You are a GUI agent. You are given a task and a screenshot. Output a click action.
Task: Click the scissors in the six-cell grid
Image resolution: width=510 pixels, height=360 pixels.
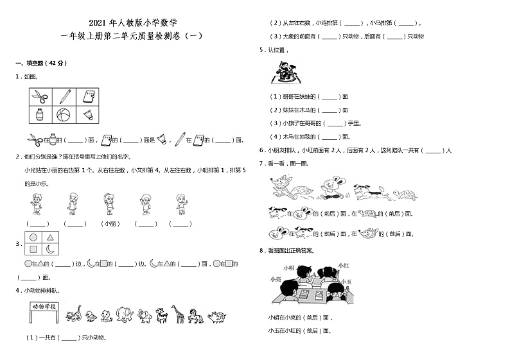pyautogui.click(x=40, y=97)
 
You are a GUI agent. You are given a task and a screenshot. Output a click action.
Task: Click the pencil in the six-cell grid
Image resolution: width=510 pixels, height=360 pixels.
pyautogui.click(x=64, y=97)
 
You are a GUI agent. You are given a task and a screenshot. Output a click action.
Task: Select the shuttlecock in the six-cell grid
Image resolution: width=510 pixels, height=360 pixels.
pyautogui.click(x=87, y=115)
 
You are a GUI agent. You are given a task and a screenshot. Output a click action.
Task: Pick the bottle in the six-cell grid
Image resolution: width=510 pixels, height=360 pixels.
pyautogui.click(x=40, y=115)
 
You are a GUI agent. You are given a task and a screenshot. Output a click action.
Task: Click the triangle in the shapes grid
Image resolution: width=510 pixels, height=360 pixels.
pyautogui.click(x=49, y=237)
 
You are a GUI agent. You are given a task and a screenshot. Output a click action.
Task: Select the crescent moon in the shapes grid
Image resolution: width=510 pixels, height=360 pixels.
pyautogui.click(x=49, y=249)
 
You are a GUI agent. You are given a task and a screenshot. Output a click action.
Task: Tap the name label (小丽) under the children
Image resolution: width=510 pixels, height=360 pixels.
pyautogui.click(x=109, y=224)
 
